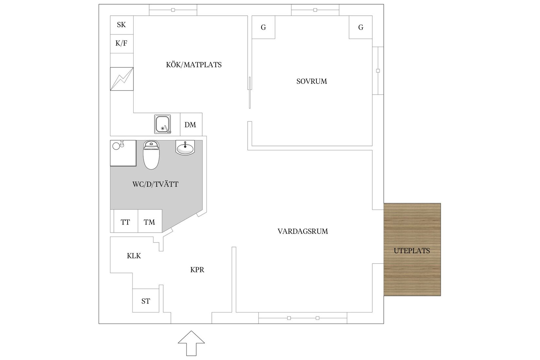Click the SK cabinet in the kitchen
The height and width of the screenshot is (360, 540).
click(x=121, y=25)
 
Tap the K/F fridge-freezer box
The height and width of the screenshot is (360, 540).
click(x=121, y=43)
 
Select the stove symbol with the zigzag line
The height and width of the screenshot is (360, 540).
click(x=122, y=79)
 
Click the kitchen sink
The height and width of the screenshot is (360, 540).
click(x=163, y=124)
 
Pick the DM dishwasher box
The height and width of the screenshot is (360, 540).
click(x=190, y=125)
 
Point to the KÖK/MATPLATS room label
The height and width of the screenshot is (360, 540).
click(x=194, y=65)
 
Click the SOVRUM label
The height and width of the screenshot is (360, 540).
click(x=312, y=81)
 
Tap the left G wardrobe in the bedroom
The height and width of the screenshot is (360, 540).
click(x=263, y=27)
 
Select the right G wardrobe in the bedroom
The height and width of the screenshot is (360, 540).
click(x=361, y=27)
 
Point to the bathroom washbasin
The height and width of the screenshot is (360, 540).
click(x=185, y=148)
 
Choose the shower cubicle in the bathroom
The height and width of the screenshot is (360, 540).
click(x=123, y=153)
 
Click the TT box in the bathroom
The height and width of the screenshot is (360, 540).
click(x=125, y=222)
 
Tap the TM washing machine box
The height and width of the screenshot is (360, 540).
click(x=149, y=222)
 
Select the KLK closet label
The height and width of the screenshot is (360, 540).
click(x=134, y=256)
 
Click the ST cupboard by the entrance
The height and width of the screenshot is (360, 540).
click(x=146, y=301)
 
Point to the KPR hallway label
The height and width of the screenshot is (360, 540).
click(x=197, y=270)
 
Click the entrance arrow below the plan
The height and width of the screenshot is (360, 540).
click(x=191, y=343)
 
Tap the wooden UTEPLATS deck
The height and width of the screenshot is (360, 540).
click(x=412, y=251)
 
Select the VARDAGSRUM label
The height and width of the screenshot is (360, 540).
click(x=303, y=231)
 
